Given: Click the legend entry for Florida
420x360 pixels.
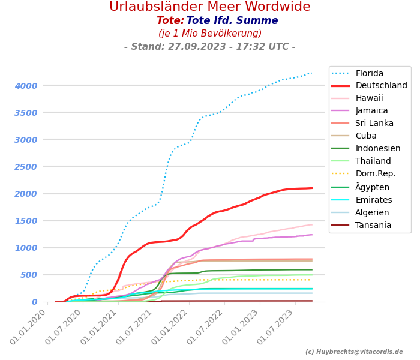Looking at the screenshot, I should pyautogui.click(x=369, y=73).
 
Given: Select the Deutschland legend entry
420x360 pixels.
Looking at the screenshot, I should pyautogui.click(x=381, y=86).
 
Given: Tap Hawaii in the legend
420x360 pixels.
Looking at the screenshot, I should pyautogui.click(x=369, y=98).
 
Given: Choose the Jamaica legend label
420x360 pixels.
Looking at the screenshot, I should pyautogui.click(x=371, y=111).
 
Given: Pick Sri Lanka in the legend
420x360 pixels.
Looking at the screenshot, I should pyautogui.click(x=374, y=124).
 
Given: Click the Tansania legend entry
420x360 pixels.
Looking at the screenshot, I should pyautogui.click(x=373, y=225).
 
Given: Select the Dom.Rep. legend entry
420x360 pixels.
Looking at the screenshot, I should pyautogui.click(x=376, y=174).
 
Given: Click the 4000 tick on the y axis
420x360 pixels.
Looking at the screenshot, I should pyautogui.click(x=26, y=86).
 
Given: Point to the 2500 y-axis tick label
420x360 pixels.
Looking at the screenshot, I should pyautogui.click(x=26, y=167).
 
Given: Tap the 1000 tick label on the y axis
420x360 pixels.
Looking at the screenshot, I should pyautogui.click(x=26, y=248).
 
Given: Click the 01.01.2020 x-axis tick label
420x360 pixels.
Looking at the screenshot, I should pyautogui.click(x=29, y=328).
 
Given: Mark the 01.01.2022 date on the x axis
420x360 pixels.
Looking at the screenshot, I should pyautogui.click(x=170, y=328).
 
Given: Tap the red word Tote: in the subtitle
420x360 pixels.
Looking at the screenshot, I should pyautogui.click(x=170, y=21).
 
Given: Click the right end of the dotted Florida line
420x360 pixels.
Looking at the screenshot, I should pyautogui.click(x=312, y=73).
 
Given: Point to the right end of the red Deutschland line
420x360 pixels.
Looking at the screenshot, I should pyautogui.click(x=312, y=188).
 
